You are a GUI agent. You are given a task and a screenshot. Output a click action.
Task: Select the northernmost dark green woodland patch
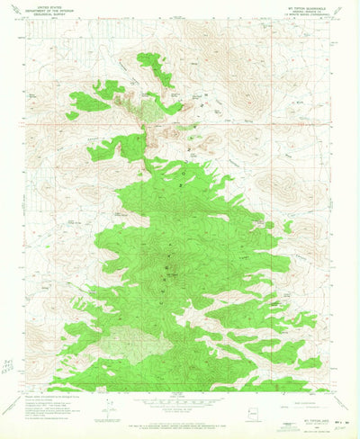click(x=153, y=67)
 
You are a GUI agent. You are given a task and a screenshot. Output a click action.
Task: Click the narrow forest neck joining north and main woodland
click(x=144, y=144)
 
